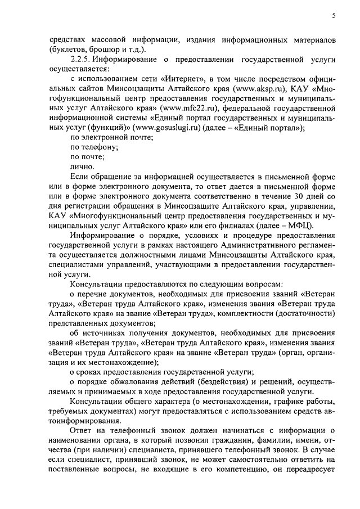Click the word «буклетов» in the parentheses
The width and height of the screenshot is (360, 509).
pyautogui.click(x=69, y=48)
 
